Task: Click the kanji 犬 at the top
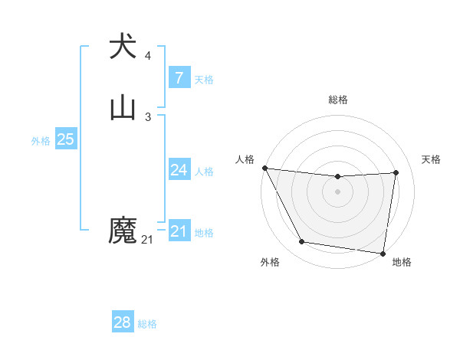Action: [123, 47]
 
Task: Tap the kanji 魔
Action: [123, 231]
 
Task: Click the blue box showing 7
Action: [179, 77]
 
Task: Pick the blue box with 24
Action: [179, 170]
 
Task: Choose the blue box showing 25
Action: [65, 139]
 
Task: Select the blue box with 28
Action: [123, 322]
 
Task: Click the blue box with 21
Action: [179, 231]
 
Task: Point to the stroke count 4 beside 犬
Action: [148, 56]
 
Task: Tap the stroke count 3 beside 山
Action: [148, 117]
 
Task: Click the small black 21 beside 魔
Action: [147, 240]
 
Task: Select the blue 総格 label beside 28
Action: [147, 324]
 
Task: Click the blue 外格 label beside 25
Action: [41, 141]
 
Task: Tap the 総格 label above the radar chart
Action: [338, 100]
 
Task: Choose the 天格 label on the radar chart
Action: [431, 159]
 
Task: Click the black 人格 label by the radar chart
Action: [245, 159]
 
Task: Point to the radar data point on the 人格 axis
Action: [264, 168]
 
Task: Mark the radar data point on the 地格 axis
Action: [383, 254]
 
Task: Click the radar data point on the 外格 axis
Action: [302, 242]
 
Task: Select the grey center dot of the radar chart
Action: [338, 191]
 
